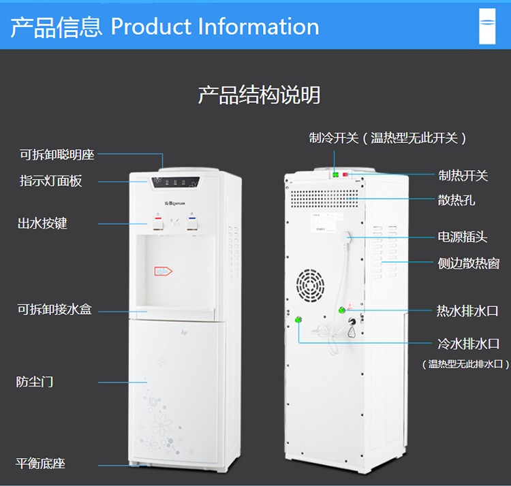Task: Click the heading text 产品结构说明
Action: tap(259, 95)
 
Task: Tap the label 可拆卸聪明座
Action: tap(57, 155)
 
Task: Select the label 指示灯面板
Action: tap(50, 181)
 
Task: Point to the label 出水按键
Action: tap(42, 223)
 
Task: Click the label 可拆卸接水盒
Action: tap(55, 310)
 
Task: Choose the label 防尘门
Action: tap(35, 381)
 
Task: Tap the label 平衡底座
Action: tap(41, 464)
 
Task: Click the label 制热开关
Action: tap(463, 176)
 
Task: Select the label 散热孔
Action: tap(456, 200)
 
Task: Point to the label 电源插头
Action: tap(463, 237)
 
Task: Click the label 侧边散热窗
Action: tap(469, 263)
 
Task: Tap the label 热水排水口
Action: tap(468, 311)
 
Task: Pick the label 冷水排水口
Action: tap(468, 344)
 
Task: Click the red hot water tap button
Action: tap(157, 221)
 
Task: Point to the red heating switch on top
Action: tap(345, 175)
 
